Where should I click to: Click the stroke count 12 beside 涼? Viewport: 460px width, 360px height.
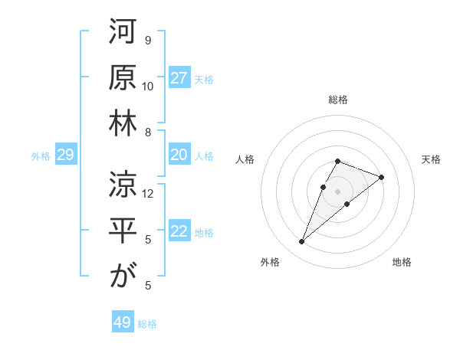click(148, 194)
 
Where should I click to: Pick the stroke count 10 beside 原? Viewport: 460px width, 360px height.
click(148, 86)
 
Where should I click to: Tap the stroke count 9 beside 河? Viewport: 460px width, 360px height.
click(148, 41)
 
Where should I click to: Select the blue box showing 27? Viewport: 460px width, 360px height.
click(179, 78)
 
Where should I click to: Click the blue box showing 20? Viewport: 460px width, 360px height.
click(179, 155)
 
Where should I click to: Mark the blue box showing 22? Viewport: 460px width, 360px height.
click(179, 232)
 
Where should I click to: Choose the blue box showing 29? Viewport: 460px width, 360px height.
click(65, 155)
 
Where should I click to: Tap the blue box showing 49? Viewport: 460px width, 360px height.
click(123, 322)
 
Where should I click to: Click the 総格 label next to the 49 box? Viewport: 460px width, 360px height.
click(147, 324)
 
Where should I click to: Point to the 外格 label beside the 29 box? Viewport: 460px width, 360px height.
click(41, 156)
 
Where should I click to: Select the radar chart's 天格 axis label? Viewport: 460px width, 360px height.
click(431, 159)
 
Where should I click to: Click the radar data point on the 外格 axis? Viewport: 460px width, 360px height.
click(301, 242)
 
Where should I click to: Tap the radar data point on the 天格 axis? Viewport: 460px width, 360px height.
click(381, 177)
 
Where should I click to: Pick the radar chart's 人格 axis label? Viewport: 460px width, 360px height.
click(245, 159)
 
